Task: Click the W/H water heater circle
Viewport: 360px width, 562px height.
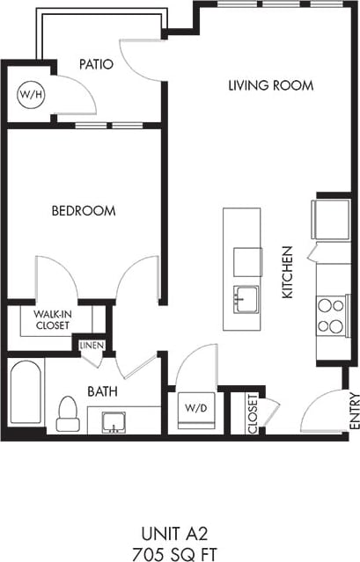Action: (x=29, y=94)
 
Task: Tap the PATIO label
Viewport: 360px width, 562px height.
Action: (x=96, y=63)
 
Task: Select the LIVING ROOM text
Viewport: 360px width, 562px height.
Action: (x=270, y=85)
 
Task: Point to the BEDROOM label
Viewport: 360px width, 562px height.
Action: (x=84, y=211)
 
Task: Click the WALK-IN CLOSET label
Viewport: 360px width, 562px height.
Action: (x=53, y=319)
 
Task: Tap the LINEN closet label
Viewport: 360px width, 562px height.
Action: (x=92, y=346)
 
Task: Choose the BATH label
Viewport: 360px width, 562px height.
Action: (x=103, y=391)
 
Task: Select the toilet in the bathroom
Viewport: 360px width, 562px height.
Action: (x=68, y=414)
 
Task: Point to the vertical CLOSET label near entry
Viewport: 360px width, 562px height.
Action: (x=253, y=412)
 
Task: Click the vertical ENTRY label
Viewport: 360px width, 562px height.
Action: (x=354, y=410)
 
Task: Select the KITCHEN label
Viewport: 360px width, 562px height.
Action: (x=287, y=273)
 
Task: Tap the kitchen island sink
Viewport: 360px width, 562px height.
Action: (x=245, y=300)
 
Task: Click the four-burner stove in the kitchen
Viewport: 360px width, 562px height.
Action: (x=331, y=316)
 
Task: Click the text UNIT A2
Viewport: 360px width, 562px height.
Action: (x=180, y=532)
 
